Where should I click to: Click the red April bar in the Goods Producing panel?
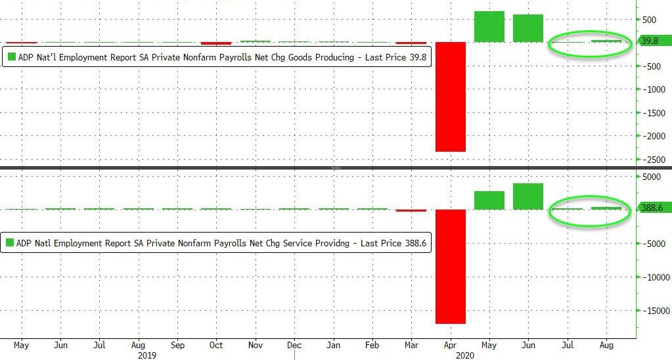[450, 97]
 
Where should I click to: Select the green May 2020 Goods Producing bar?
[489, 26]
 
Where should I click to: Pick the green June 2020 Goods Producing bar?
[527, 28]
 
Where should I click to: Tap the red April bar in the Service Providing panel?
[450, 266]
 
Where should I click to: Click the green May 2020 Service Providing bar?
[489, 200]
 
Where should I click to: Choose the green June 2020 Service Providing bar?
[527, 196]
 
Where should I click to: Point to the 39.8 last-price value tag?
[654, 41]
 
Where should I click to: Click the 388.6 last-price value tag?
[654, 208]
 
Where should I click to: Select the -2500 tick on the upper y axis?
[653, 160]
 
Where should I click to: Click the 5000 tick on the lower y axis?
[653, 177]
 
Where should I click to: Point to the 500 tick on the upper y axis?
[650, 20]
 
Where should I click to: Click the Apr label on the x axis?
[450, 345]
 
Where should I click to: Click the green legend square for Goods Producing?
[11, 58]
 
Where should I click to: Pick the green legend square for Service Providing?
[11, 242]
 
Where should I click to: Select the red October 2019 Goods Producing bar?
[216, 43]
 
